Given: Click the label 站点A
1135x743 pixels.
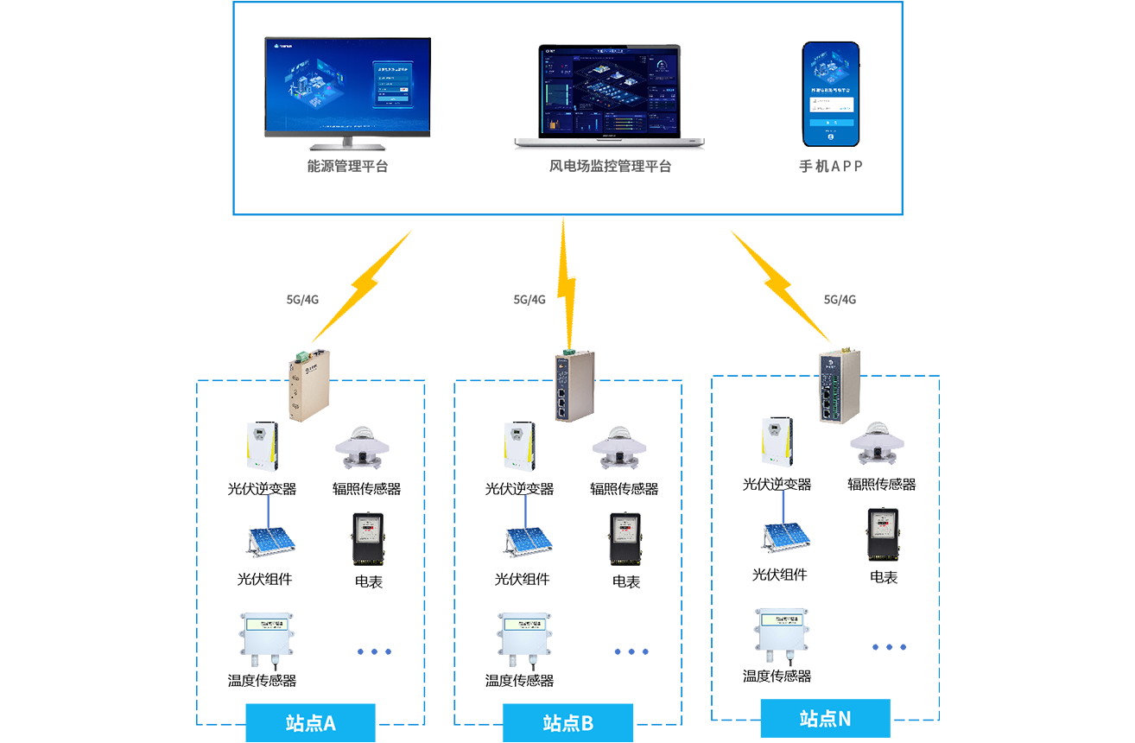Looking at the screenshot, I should pyautogui.click(x=310, y=723).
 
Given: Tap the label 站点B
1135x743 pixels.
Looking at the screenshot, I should pyautogui.click(x=567, y=723).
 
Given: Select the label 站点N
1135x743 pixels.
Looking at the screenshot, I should pyautogui.click(x=825, y=718).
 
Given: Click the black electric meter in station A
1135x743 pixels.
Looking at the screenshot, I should pyautogui.click(x=367, y=537).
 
